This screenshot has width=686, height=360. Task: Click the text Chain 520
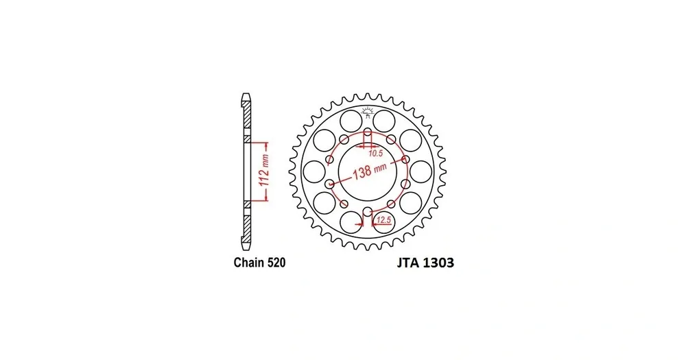pyautogui.click(x=259, y=263)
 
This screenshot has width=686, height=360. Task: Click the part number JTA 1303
pyautogui.click(x=425, y=263)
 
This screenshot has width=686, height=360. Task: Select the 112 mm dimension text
pyautogui.click(x=264, y=171)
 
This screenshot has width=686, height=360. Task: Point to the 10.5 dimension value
pyautogui.click(x=375, y=153)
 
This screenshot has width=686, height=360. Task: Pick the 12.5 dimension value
pyautogui.click(x=383, y=220)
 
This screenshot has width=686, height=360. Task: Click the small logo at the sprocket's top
pyautogui.click(x=368, y=112)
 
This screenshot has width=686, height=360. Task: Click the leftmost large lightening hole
pyautogui.click(x=314, y=171)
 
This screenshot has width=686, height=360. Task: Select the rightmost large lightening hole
pyautogui.click(x=421, y=171)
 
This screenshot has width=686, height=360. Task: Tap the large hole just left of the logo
pyautogui.click(x=351, y=120)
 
